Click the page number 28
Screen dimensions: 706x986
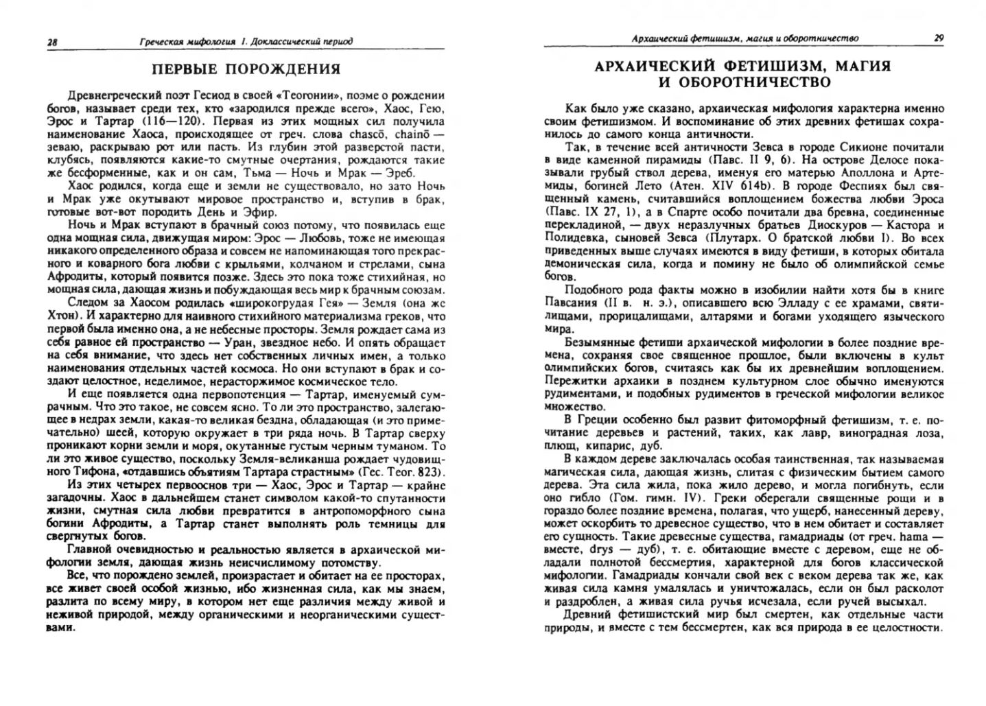[x=52, y=43]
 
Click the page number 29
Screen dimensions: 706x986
[x=938, y=38]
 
